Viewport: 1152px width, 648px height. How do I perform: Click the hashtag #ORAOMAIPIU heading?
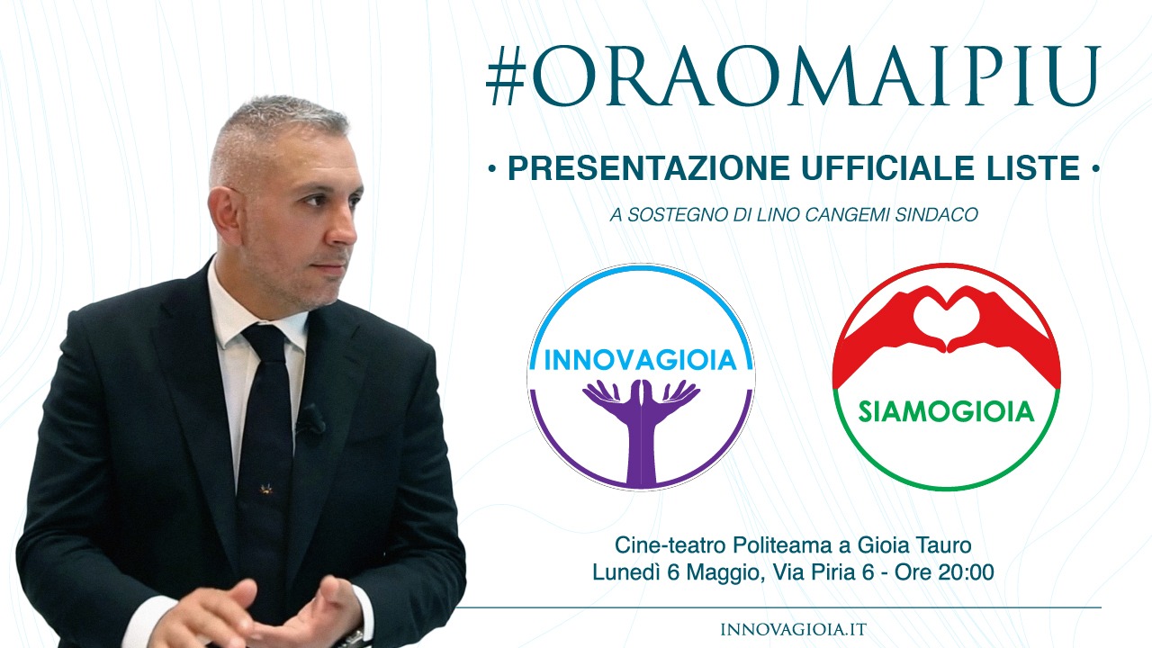[793, 76]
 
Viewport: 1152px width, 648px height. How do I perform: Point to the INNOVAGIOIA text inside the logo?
[640, 361]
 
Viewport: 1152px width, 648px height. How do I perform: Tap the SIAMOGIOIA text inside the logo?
[946, 412]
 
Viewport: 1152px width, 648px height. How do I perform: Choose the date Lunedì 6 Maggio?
[675, 571]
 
